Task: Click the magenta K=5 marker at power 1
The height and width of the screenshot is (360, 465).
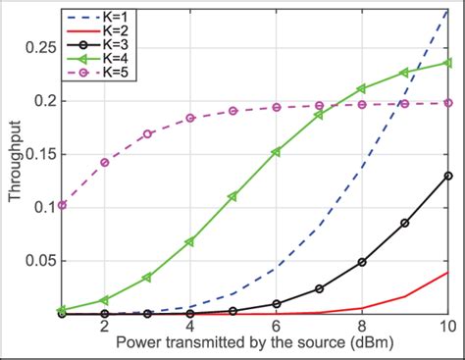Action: coord(62,205)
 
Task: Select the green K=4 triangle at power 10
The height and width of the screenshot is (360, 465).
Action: coord(447,63)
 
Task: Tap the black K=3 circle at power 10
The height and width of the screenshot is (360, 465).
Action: coord(447,176)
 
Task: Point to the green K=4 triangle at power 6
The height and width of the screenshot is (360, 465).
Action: coord(276,151)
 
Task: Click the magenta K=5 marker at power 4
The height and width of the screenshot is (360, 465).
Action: coord(190,118)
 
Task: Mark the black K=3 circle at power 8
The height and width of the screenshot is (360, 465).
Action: coord(362,262)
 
